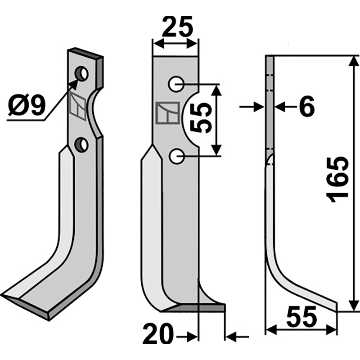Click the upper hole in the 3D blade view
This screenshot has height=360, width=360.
coord(82,73)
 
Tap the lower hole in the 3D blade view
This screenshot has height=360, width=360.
coord(81,144)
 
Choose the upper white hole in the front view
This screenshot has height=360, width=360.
coord(176,84)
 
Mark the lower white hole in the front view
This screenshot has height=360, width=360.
coord(176,156)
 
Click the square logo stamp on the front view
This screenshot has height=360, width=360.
coord(166,113)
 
